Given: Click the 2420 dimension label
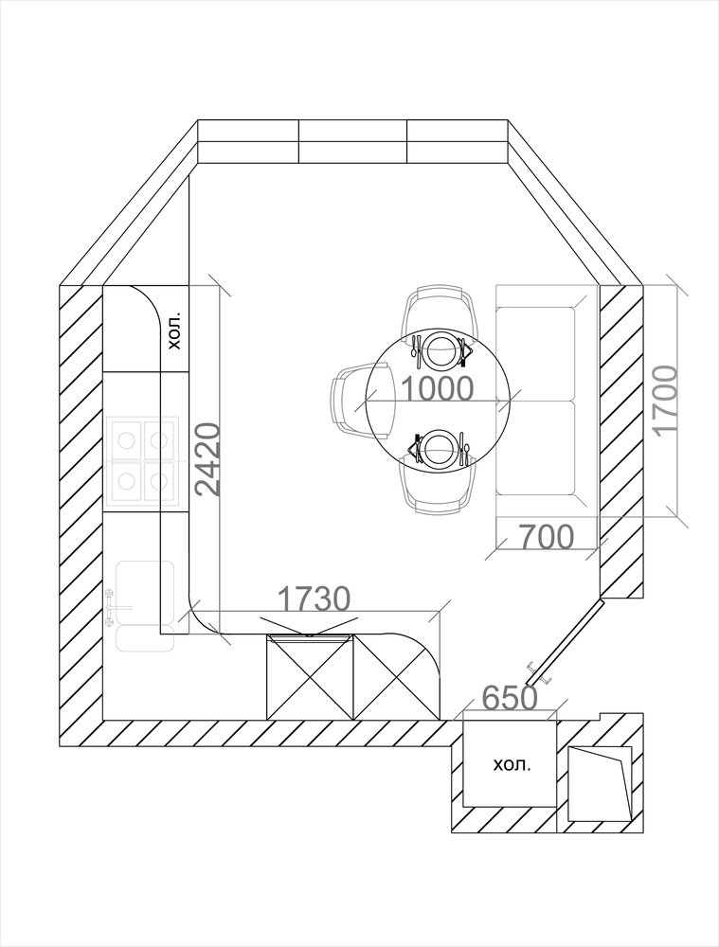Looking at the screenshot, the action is [x=207, y=459].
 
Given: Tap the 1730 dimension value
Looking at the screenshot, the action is [x=315, y=599].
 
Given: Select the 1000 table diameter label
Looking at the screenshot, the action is [x=437, y=389].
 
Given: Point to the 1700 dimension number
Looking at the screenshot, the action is [x=666, y=400].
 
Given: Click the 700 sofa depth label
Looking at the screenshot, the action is [x=547, y=537].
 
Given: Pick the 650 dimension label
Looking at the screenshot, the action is [x=510, y=698].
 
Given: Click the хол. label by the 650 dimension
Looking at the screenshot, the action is [x=512, y=765].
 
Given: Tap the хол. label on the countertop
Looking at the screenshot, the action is [x=174, y=331].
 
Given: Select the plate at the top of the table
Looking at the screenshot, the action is [x=440, y=350].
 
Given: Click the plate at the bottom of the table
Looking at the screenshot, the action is [x=440, y=448].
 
